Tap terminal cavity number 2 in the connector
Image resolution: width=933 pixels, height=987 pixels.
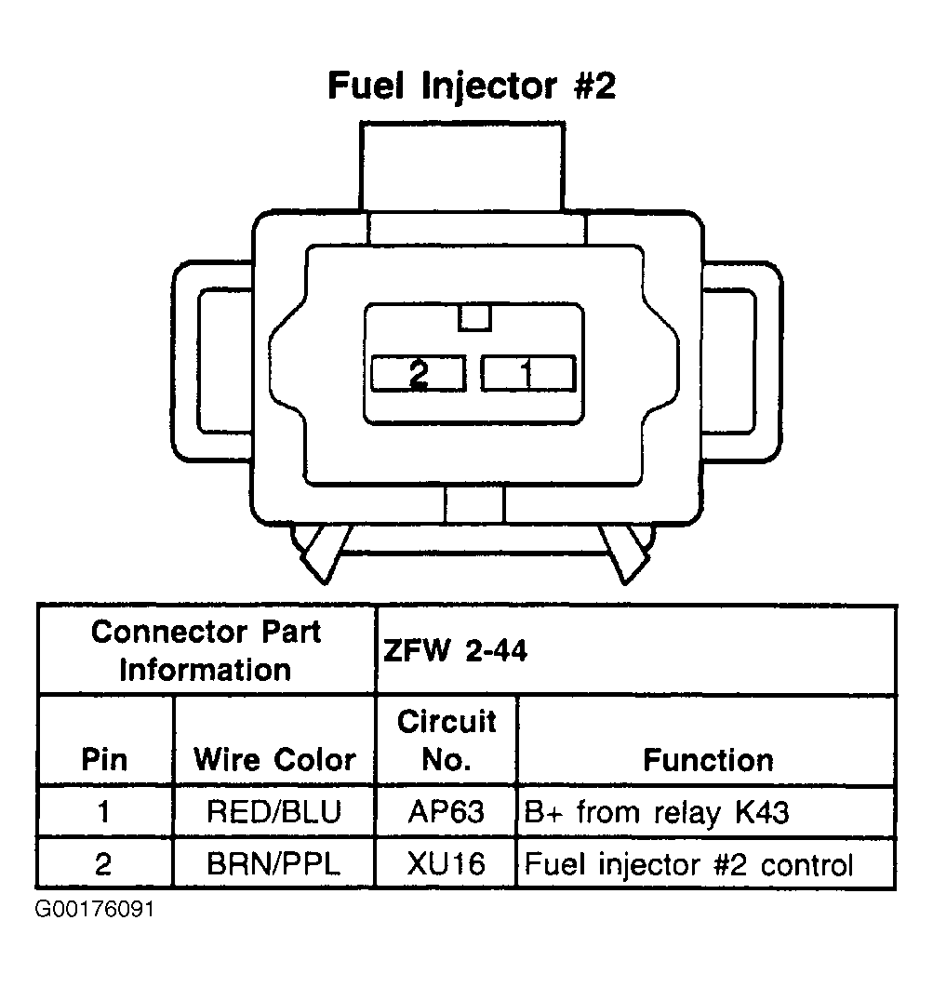418,374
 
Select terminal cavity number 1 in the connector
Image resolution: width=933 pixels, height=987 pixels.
526,374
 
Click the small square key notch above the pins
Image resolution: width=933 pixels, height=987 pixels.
474,317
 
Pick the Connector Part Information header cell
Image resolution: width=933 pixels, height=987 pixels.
206,650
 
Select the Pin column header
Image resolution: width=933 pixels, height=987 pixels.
104,760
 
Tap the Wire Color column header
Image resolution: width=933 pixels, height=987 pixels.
274,760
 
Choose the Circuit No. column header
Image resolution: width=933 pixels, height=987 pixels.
447,740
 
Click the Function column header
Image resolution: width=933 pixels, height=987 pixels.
707,760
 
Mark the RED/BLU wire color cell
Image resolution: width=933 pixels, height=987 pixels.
274,813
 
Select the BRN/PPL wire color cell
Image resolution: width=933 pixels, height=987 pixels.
274,865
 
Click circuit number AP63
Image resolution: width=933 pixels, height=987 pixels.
447,813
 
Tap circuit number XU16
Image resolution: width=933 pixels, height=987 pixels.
447,865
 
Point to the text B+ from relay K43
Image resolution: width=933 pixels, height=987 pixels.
657,813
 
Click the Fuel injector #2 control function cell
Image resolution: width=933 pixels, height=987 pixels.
688,865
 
